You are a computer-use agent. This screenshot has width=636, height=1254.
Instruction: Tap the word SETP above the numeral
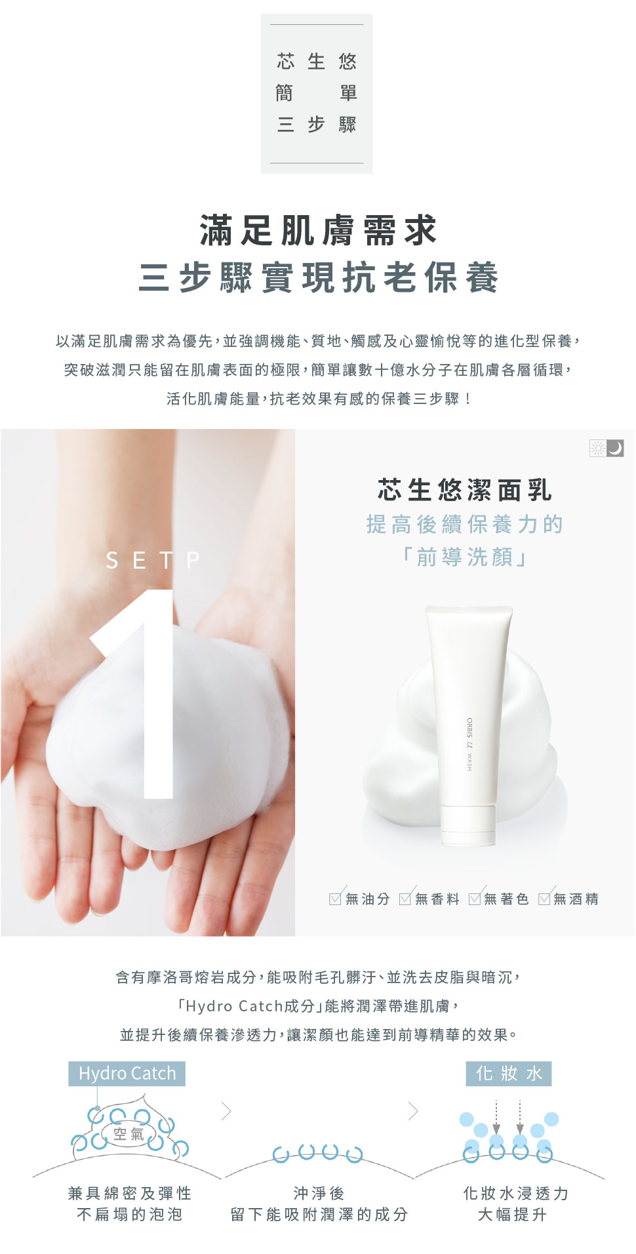coord(153,560)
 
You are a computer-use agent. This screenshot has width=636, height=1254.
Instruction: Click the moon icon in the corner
coord(615,448)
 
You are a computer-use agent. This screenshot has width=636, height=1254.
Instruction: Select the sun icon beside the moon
coord(598,448)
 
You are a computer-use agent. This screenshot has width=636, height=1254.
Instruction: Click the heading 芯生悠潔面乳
coord(465,489)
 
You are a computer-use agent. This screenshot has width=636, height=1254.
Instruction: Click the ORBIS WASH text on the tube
coord(469,744)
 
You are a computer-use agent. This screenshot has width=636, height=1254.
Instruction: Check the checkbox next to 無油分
coord(336,898)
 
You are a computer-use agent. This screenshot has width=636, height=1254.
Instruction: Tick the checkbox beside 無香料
coord(405,898)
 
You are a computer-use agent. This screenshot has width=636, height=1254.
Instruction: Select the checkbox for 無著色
coord(475,898)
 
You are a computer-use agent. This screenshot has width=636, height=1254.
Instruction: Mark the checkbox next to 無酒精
coord(544,898)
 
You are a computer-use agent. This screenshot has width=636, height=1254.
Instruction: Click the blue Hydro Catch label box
coord(127,1074)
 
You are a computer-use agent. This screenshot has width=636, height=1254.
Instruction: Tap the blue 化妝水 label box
coord(509,1074)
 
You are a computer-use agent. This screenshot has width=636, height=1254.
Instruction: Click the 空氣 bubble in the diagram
coord(129,1134)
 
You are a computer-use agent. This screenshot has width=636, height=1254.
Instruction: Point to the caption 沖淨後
coord(319,1193)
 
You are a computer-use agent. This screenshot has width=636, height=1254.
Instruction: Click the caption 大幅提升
coord(512,1215)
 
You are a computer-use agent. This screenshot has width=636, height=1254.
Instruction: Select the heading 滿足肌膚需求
coord(319,230)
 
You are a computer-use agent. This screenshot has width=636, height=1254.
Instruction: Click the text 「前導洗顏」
coord(465,557)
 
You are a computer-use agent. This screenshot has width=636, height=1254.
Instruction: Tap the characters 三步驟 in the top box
coord(317,124)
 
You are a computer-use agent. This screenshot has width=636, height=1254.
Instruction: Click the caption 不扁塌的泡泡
coord(129,1215)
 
